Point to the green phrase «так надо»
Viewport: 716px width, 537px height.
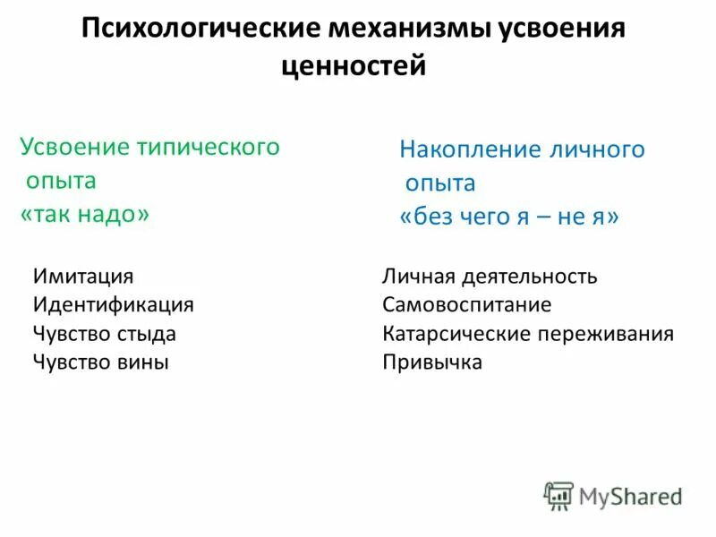(x=85, y=215)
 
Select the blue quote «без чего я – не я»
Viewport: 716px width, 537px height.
(x=508, y=217)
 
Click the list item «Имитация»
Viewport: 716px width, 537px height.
(x=83, y=277)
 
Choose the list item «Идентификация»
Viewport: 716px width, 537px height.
(x=114, y=305)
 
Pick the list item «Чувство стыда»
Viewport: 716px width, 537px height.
(x=104, y=334)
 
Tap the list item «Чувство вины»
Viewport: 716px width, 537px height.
(x=100, y=362)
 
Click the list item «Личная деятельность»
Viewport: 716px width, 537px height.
(x=490, y=277)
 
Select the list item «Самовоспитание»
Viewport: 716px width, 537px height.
(x=466, y=305)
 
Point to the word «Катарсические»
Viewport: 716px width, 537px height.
(x=456, y=334)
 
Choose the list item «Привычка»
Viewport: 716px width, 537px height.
(x=431, y=362)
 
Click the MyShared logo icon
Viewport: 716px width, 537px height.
(x=558, y=496)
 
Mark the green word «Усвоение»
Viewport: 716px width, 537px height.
(x=74, y=147)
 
